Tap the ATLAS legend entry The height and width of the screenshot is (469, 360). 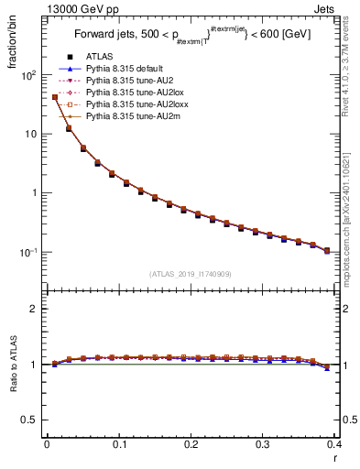point(100,58)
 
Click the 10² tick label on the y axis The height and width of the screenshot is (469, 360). point(29,75)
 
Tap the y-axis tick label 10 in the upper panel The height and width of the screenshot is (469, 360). point(32,135)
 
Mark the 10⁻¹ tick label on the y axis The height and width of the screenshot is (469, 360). point(29,252)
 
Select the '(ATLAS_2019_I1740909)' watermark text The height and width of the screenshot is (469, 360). point(190,273)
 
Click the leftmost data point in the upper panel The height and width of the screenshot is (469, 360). point(54,97)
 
